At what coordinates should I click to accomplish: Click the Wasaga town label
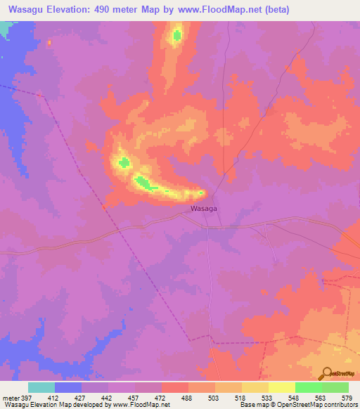coord(203,209)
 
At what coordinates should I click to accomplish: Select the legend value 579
coord(347,397)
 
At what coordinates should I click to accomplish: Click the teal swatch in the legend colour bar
coord(41,387)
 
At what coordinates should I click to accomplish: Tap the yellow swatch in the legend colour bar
coord(282,387)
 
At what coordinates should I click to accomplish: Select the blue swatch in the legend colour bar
coord(68,387)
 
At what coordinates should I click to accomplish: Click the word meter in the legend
coord(10,397)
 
